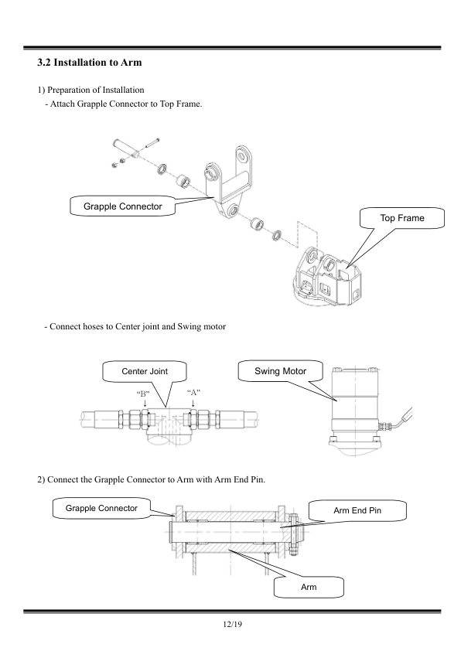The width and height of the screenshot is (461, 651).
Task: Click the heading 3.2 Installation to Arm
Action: point(89,63)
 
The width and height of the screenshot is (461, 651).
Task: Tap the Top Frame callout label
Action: point(402,218)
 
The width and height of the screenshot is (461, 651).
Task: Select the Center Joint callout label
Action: point(145,371)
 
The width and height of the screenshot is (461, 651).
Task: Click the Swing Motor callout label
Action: point(280,371)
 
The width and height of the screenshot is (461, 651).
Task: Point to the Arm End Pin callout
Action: point(357,510)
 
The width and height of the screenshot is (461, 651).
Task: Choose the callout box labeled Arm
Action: point(309,587)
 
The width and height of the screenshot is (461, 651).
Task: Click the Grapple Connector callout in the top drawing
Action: point(122,206)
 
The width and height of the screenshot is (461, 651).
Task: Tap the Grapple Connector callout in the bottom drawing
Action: point(101,508)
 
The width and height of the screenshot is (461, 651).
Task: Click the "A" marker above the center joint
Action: point(193,392)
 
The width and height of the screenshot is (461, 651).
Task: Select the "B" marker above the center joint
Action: point(143,392)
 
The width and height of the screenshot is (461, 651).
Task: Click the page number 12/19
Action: point(232,624)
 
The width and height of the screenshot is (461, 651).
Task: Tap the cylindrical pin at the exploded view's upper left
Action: point(126,148)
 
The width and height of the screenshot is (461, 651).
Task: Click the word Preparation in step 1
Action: point(71,90)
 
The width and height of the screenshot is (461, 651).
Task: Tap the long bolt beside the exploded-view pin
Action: point(152,142)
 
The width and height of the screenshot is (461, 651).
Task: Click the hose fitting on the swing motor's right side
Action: point(386,425)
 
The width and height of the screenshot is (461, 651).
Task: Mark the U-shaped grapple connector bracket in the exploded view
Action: point(227,182)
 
